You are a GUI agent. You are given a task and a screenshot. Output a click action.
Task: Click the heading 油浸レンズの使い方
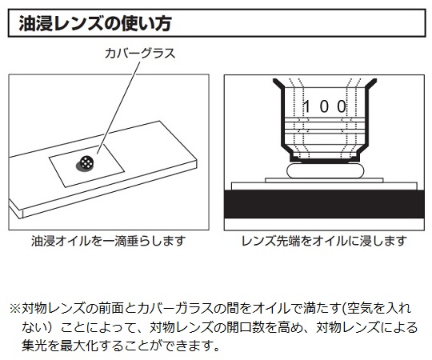(x=95, y=24)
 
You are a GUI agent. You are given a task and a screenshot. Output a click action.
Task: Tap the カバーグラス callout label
(x=140, y=53)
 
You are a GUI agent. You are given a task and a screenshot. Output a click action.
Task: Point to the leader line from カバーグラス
(x=118, y=107)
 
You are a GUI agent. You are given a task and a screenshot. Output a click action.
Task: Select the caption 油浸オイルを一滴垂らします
(x=109, y=241)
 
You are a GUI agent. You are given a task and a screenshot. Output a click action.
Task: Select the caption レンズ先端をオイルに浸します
(x=324, y=241)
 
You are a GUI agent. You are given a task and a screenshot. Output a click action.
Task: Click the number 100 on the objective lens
(x=325, y=106)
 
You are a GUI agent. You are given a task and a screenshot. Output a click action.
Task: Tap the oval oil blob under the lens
(x=325, y=170)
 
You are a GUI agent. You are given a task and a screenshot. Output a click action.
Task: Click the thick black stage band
(x=324, y=204)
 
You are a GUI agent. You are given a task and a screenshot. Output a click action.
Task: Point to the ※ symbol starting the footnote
(x=15, y=309)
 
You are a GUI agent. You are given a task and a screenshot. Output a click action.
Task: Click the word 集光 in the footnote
(x=34, y=346)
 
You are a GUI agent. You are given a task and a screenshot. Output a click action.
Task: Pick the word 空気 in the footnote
(x=358, y=309)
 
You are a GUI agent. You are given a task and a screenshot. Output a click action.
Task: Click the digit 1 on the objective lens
(x=306, y=106)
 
